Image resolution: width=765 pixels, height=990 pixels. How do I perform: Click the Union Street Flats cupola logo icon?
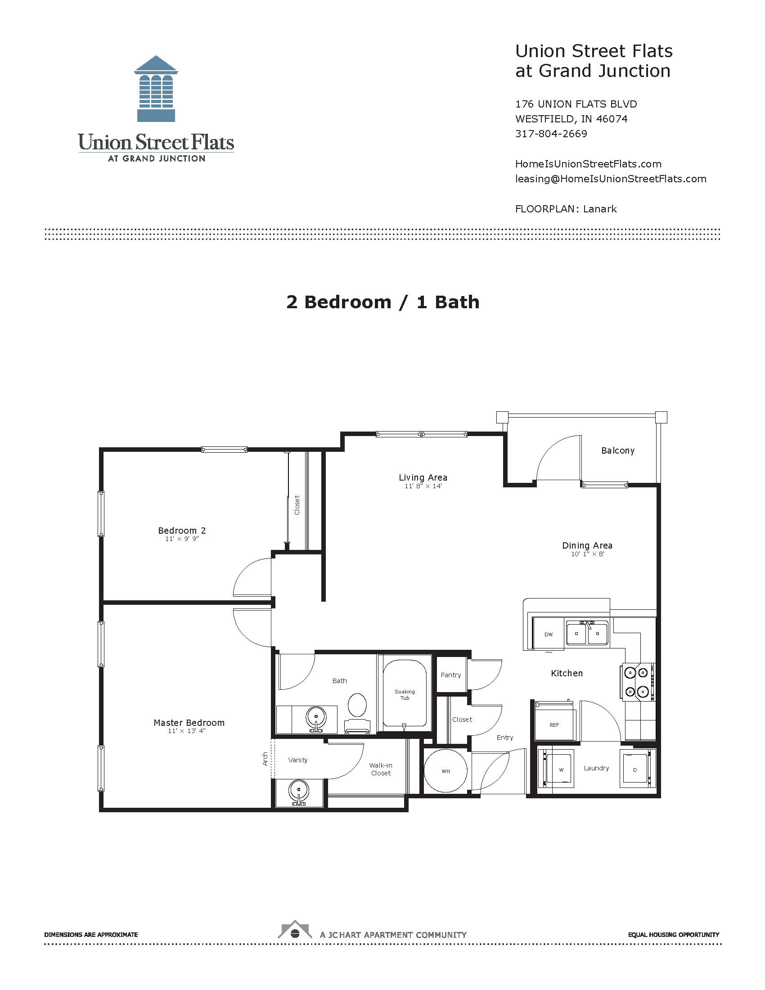pos(156,89)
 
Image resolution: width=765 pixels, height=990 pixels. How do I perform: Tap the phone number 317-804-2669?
pos(551,134)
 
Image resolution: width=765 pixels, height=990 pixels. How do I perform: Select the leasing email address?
pos(611,179)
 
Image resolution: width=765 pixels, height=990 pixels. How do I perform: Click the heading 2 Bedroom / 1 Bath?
pos(382,302)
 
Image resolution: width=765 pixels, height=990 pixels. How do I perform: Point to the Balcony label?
pos(618,450)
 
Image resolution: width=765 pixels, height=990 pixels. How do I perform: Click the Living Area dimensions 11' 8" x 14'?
pos(423,486)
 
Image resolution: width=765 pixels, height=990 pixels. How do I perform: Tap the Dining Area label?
pos(587,545)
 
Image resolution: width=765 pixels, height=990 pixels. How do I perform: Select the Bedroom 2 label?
pos(182,531)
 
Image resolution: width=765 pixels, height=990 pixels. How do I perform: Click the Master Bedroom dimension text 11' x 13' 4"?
pos(186,731)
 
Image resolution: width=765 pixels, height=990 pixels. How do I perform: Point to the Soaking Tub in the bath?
pos(405,695)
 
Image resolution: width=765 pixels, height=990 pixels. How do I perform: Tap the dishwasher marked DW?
pos(549,634)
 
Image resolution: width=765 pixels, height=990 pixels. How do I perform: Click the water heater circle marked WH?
pos(445,771)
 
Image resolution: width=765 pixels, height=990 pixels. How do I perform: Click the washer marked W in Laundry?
pos(561,769)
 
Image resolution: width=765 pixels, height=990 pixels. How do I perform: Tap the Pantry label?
pos(450,675)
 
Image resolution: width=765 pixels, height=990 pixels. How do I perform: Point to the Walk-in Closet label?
pos(381,769)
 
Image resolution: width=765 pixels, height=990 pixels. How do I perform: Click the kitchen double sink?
pos(587,633)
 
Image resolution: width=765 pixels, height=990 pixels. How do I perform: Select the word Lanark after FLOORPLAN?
pos(599,209)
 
